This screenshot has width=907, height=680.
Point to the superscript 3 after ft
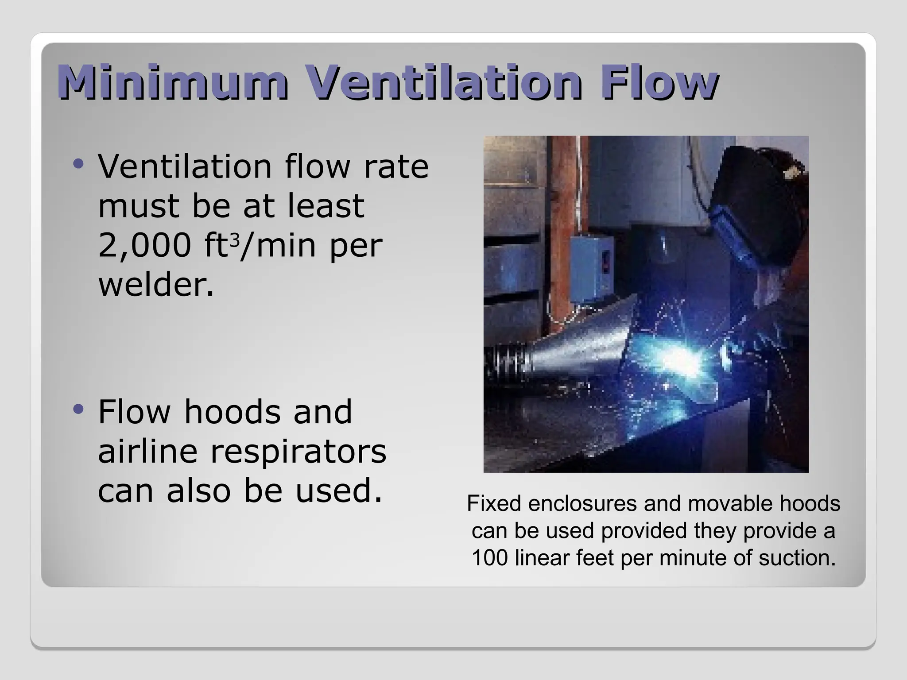(235, 240)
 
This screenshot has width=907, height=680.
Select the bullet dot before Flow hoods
(78, 410)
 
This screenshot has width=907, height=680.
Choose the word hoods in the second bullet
(232, 412)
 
